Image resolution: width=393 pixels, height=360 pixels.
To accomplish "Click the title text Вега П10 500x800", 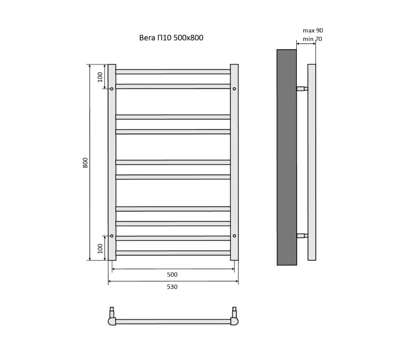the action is (x=171, y=38).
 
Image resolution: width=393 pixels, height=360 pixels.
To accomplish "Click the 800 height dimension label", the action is (x=85, y=163).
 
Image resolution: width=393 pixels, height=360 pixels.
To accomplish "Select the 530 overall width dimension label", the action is (x=172, y=287).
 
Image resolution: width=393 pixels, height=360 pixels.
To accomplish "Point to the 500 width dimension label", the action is (x=172, y=275).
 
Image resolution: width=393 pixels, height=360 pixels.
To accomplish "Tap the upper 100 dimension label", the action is (x=100, y=77).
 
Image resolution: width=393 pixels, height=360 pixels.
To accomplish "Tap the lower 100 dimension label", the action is (x=100, y=249).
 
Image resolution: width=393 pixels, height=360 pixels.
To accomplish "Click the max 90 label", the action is (x=313, y=31).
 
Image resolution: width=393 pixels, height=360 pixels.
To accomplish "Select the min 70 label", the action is (x=312, y=39).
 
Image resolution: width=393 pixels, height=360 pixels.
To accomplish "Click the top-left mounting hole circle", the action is (x=112, y=88).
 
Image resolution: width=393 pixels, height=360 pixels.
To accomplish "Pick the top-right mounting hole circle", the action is (x=234, y=88).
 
